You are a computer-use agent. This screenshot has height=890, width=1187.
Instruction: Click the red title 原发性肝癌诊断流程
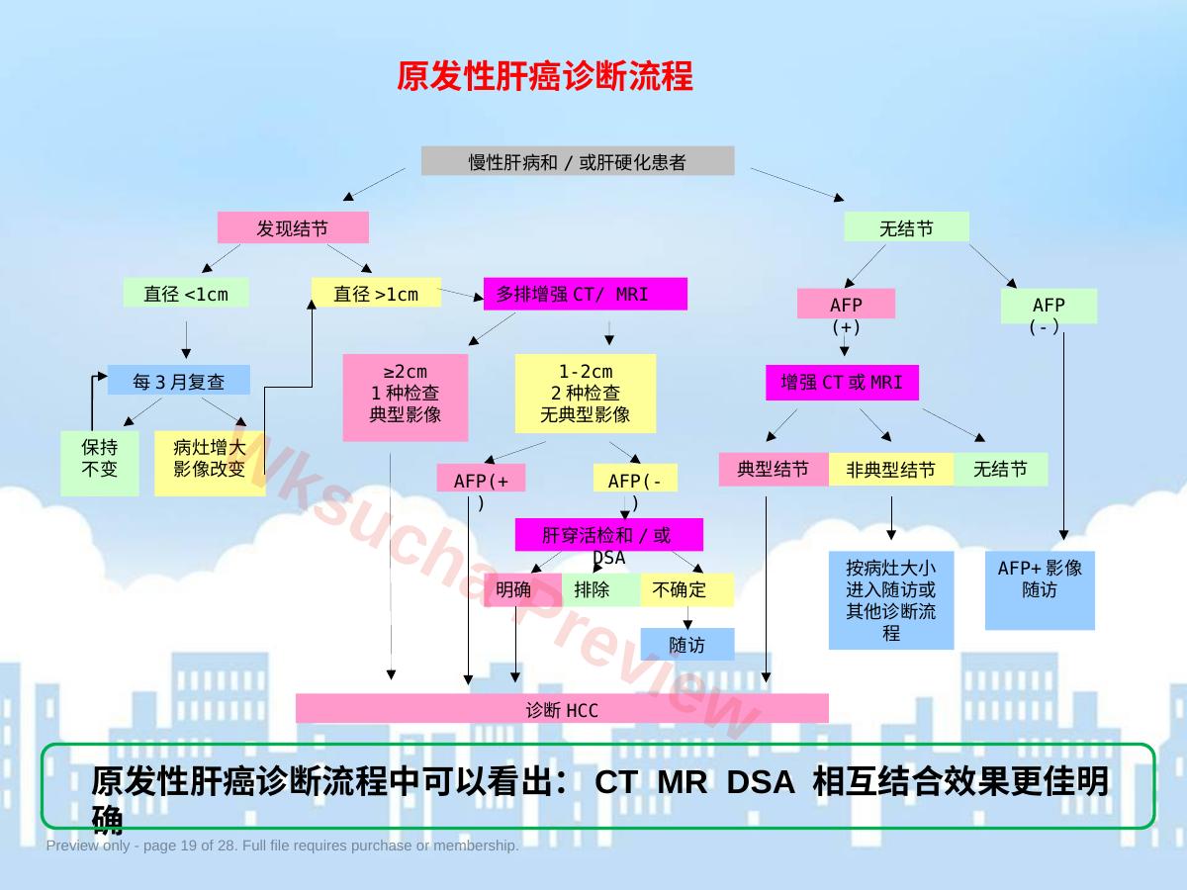click(545, 76)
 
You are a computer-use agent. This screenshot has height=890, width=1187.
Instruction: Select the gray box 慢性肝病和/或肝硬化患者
click(578, 160)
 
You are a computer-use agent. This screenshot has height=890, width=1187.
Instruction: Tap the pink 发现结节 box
click(293, 227)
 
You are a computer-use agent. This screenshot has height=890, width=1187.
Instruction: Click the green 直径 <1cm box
click(186, 293)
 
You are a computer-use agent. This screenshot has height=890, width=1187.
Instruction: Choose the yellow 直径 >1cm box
click(377, 293)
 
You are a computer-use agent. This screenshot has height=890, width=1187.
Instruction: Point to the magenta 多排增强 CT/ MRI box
click(586, 294)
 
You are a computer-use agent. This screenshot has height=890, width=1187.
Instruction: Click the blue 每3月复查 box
click(178, 380)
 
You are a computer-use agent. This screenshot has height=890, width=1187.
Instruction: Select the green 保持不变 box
click(100, 463)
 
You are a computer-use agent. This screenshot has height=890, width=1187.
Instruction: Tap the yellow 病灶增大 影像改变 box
click(210, 463)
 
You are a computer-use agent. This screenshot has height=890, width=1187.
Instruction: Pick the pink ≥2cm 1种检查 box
click(405, 398)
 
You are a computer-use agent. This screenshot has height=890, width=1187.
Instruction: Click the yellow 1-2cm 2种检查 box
click(586, 394)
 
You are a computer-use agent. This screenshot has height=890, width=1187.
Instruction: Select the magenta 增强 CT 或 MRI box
click(842, 383)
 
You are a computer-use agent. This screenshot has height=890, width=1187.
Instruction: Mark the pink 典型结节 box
click(774, 469)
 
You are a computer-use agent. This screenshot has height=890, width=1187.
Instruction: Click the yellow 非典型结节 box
click(891, 469)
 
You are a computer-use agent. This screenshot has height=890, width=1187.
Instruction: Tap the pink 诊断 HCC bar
click(562, 708)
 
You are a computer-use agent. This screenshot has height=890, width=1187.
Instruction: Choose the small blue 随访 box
click(687, 644)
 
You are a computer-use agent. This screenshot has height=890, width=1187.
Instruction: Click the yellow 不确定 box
click(686, 589)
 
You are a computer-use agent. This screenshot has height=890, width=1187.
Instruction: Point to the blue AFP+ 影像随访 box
click(1040, 590)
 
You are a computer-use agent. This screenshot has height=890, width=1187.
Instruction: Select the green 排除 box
click(600, 589)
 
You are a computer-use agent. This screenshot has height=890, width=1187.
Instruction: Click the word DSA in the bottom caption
click(761, 782)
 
